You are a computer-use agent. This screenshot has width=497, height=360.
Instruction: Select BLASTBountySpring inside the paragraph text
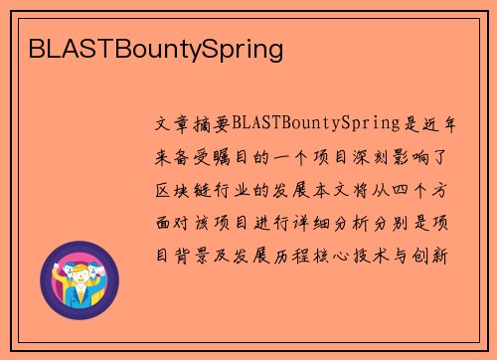(314, 124)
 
